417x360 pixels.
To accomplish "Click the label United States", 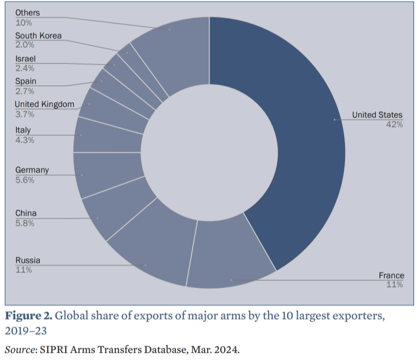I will click(377, 115).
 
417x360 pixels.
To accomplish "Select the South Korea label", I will click(38, 36).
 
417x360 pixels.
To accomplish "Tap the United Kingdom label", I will click(44, 104).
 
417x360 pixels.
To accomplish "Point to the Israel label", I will click(25, 58).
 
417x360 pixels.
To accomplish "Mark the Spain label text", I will click(25, 81).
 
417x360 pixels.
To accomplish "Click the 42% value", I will click(394, 125).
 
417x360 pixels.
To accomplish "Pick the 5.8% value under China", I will click(25, 223).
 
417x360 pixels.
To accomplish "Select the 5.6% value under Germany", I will click(25, 180).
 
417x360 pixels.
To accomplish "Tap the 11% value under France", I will click(395, 285).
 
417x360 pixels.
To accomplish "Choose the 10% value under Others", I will click(24, 22).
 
